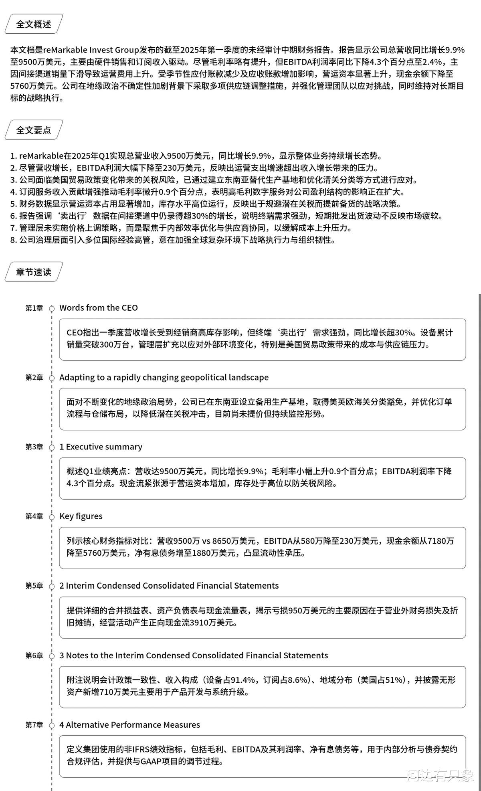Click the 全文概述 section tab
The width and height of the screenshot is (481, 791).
(34, 24)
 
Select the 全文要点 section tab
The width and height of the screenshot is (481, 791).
(34, 130)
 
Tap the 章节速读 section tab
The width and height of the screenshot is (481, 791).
(34, 272)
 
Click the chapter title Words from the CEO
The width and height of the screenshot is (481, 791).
(99, 308)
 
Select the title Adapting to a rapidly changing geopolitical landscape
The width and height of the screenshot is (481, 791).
(164, 378)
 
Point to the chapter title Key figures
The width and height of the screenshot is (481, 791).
(81, 516)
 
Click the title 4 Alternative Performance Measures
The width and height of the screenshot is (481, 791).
(130, 725)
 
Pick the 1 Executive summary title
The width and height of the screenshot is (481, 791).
(101, 447)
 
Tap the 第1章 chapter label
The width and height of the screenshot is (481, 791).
(34, 308)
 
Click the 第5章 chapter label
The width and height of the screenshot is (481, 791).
(34, 586)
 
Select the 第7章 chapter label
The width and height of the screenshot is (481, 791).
(34, 725)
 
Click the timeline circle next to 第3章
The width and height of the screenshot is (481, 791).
(52, 447)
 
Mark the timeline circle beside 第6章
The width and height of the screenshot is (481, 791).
(52, 656)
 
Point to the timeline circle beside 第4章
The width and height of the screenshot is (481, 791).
(52, 517)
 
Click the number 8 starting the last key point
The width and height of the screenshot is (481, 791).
(13, 240)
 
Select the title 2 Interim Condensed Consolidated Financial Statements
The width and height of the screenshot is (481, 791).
(169, 586)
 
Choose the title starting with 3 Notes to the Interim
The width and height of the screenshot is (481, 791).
(194, 655)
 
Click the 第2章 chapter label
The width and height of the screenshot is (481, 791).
(34, 378)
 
